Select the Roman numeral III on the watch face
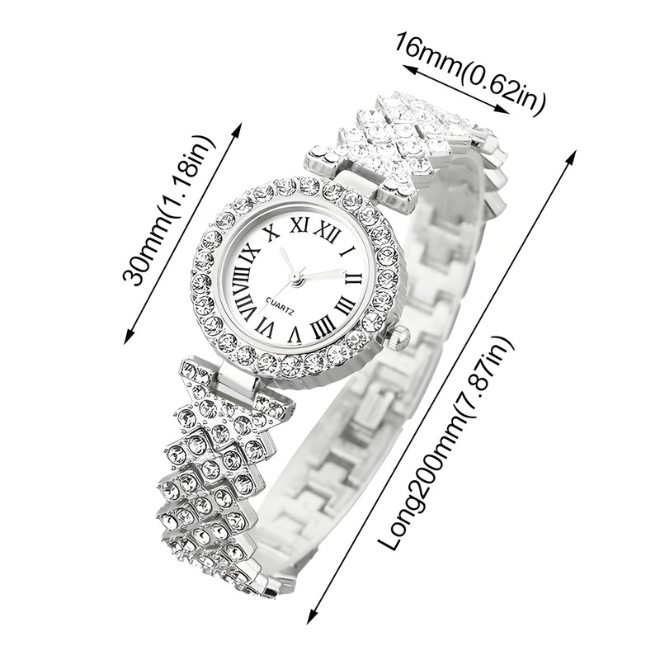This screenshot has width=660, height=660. pyautogui.click(x=346, y=305)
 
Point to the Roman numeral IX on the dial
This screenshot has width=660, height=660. pyautogui.click(x=250, y=254)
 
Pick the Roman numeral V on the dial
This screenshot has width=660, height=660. pyautogui.click(x=295, y=334)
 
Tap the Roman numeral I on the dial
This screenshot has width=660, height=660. pyautogui.click(x=348, y=252)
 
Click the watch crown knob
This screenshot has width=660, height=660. pyautogui.click(x=398, y=338)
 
